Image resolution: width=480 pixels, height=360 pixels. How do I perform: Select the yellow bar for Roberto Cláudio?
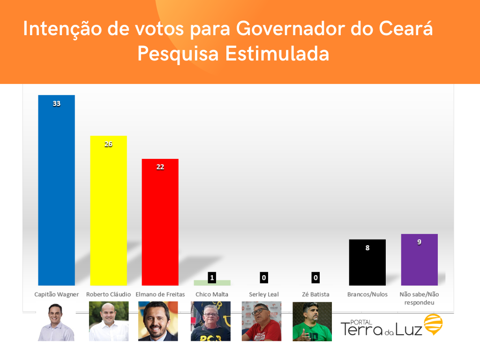pos(108,210)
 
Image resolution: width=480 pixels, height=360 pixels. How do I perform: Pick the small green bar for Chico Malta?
pos(212,283)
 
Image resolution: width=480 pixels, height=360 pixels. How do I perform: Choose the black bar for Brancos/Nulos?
pos(367,262)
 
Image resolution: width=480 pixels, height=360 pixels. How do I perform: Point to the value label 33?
pos(57,104)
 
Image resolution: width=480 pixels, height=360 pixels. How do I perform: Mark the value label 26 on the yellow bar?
pos(108,144)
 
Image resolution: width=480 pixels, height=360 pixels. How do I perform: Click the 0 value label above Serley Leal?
pos(264,278)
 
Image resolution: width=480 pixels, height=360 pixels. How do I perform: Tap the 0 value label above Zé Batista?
pos(316,278)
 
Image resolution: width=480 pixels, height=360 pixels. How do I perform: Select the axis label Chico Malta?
pos(212,294)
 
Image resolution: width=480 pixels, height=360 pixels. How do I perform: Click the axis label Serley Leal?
pos(264,294)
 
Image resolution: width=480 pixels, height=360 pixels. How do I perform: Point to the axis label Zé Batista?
pos(316,294)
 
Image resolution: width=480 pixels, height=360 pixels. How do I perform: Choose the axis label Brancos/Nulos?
pos(367,294)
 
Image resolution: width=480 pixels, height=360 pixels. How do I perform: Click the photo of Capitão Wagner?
pos(56,322)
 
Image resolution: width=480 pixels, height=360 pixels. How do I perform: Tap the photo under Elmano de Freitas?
pos(158,321)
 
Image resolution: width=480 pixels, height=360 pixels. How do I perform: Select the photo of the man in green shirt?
pos(312,322)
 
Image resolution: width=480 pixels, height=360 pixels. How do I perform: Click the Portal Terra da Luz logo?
pos(391,325)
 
